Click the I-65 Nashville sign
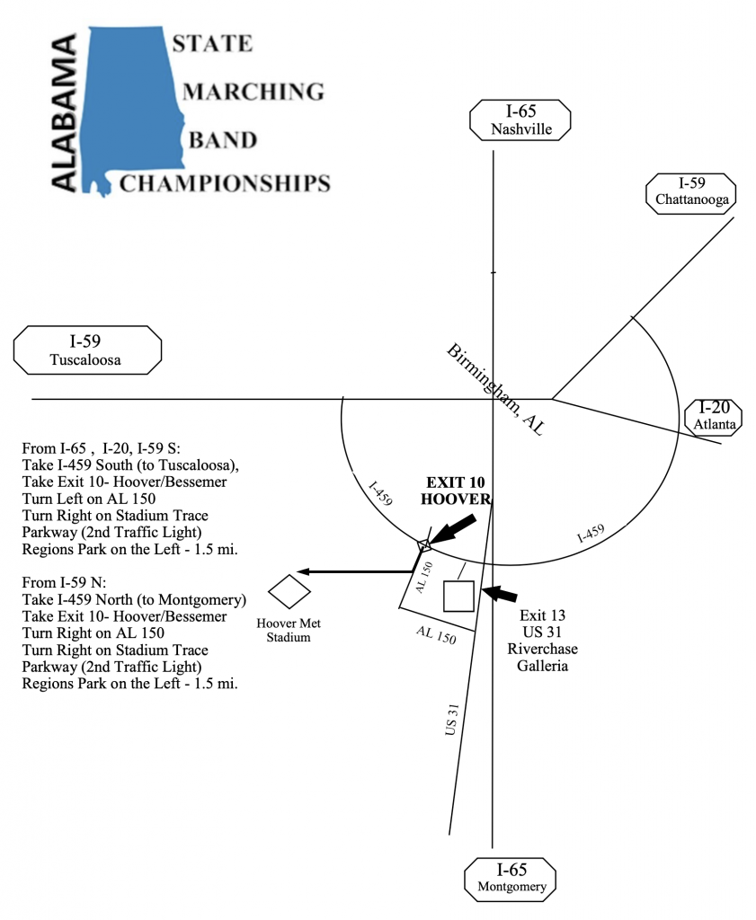520,119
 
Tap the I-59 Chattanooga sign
691,193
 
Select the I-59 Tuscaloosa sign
87,350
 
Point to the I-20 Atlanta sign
714,417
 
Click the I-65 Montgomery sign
511,879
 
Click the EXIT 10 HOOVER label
456,491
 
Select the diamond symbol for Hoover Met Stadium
289,591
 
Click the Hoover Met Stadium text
289,630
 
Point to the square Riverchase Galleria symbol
458,597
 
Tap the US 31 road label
451,720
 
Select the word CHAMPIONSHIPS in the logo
225,183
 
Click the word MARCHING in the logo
253,92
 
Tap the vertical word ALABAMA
64,112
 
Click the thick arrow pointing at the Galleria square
500,593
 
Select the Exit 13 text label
542,615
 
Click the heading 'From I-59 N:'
65,582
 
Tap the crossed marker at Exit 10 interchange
424,545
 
